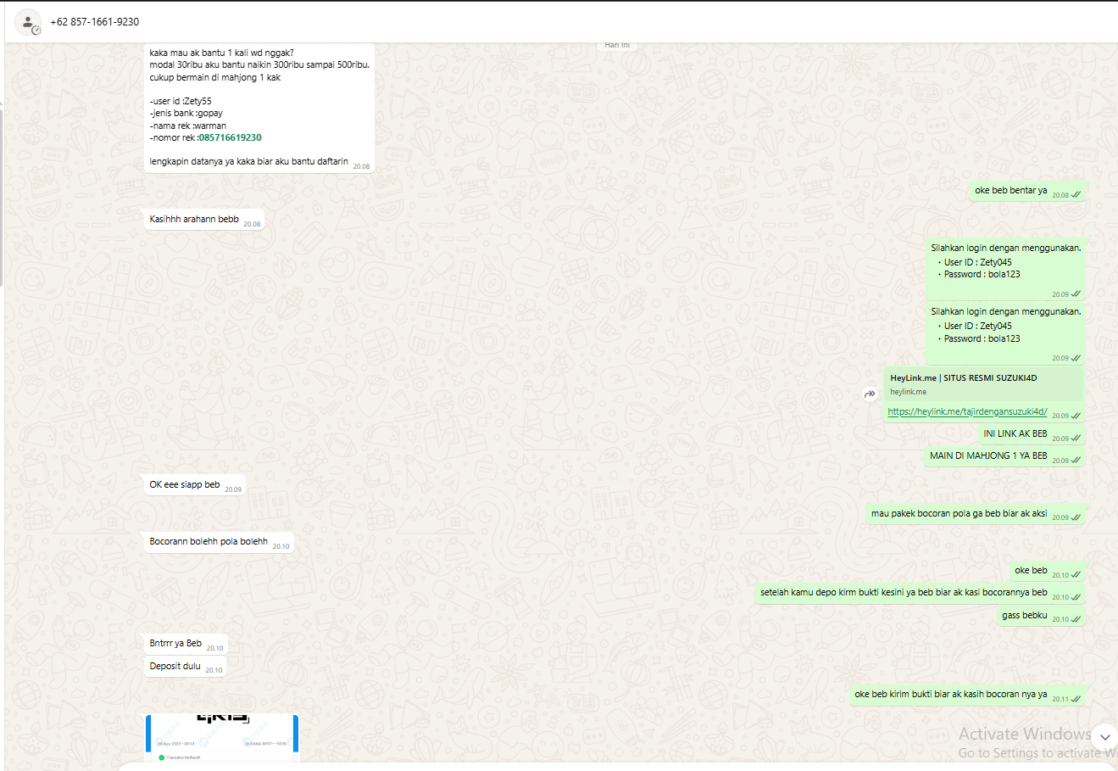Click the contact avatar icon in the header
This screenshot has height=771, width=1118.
(x=28, y=22)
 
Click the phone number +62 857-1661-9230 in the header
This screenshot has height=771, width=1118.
(x=94, y=22)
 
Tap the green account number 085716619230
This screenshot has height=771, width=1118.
(x=231, y=137)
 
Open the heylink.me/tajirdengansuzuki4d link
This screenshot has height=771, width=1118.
(x=967, y=412)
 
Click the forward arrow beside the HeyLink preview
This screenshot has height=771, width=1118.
(x=870, y=394)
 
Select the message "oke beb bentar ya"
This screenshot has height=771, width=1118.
(x=1010, y=191)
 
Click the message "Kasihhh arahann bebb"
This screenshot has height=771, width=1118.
(x=194, y=219)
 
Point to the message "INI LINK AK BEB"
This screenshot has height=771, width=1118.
(x=1015, y=433)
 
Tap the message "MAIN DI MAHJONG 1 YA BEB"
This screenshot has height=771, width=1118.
(x=988, y=455)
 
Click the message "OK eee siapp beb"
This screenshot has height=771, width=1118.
(x=185, y=485)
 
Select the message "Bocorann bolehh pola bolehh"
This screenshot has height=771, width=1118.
(x=209, y=541)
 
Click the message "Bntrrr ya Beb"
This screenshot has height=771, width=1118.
(x=175, y=643)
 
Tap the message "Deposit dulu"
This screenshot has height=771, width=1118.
(x=175, y=666)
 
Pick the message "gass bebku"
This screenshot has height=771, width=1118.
(x=1024, y=615)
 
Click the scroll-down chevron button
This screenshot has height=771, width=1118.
(x=1104, y=736)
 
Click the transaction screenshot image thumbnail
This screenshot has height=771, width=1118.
(x=222, y=737)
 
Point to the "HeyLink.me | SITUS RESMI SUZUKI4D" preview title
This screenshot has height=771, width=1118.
(x=963, y=378)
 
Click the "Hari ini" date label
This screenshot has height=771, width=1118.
(x=617, y=45)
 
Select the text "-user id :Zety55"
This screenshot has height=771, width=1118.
(x=181, y=101)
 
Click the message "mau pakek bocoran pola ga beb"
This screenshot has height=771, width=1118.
(x=958, y=513)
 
